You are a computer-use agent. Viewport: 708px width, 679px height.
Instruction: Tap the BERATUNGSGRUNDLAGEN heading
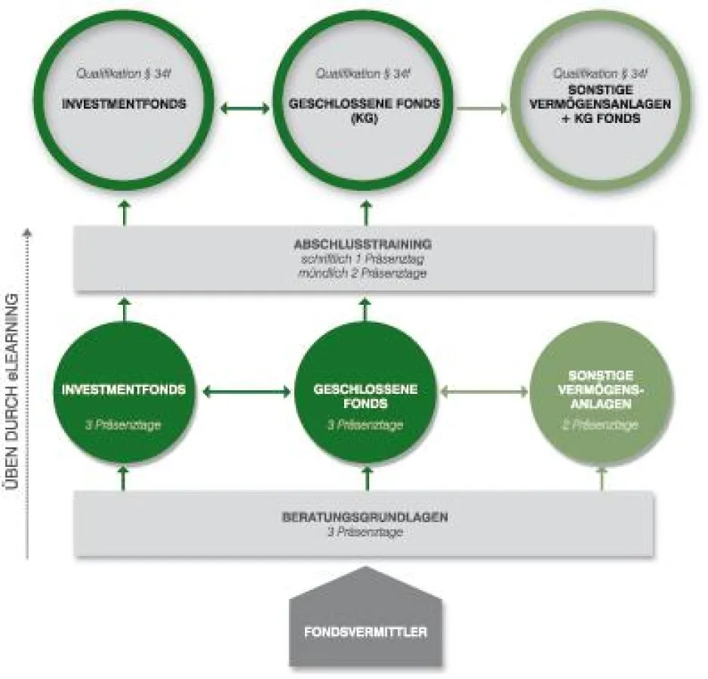365,518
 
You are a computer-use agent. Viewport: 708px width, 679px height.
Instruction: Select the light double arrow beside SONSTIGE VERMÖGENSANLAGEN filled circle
483,392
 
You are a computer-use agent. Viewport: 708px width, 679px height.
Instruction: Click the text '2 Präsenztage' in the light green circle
601,425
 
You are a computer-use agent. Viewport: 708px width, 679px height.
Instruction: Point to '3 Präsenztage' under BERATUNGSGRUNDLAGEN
365,532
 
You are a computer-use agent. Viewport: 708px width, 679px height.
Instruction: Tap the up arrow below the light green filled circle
602,478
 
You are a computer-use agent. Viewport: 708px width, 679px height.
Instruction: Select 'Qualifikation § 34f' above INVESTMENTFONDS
123,74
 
